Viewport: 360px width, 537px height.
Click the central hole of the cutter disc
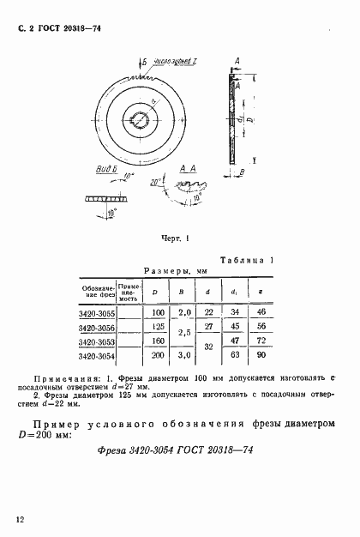[139, 118]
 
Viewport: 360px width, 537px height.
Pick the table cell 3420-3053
[96, 342]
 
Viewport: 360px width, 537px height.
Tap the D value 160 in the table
[157, 342]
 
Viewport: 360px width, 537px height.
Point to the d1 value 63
[234, 355]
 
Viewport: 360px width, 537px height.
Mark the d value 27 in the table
[208, 328]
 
